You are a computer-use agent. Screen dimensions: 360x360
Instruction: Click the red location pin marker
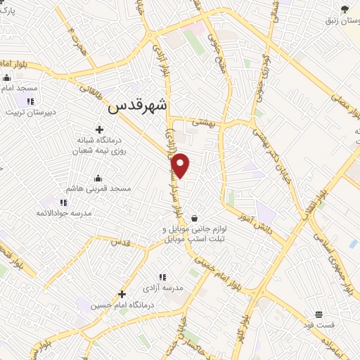182,165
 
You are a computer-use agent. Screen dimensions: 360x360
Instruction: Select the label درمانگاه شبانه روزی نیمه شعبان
99,145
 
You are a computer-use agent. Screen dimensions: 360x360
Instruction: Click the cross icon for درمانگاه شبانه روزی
99,129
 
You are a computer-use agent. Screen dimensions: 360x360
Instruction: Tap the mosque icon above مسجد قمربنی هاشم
97,177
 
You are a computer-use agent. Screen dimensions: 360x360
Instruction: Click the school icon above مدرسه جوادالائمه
64,202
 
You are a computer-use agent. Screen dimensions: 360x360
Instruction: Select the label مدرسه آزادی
163,288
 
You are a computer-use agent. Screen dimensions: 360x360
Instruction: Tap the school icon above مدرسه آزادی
162,278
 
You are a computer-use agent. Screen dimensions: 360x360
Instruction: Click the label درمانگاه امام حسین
130,305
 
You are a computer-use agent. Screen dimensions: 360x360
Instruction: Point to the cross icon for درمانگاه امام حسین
122,293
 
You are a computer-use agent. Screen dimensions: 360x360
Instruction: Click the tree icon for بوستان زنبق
345,8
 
